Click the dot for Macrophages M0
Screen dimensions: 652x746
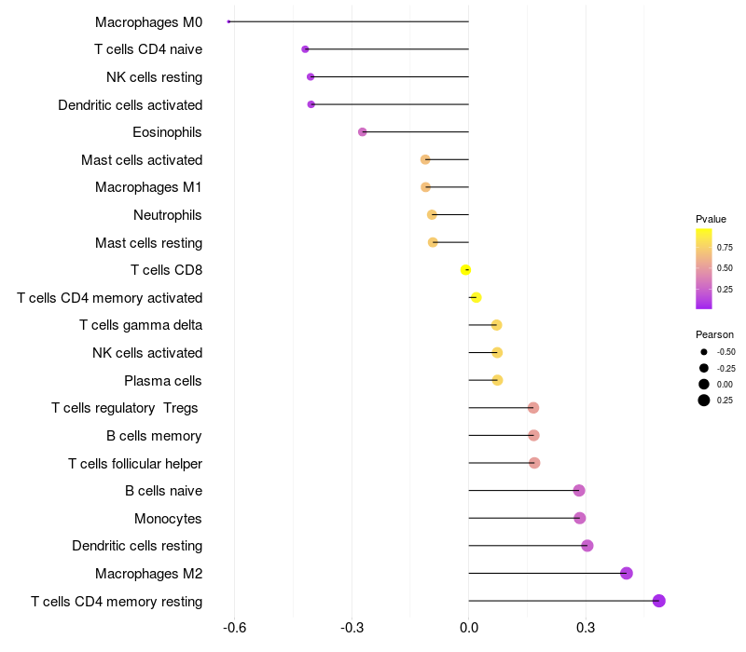pos(228,21)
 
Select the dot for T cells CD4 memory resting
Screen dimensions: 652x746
pos(659,601)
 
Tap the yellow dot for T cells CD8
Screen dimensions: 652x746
pos(466,270)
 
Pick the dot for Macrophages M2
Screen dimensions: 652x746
pos(627,573)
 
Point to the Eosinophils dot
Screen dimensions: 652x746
pos(363,132)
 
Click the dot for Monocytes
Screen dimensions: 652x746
pos(580,518)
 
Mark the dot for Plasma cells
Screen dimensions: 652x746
pos(497,380)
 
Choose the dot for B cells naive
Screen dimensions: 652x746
pos(579,491)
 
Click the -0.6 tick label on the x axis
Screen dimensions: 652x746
pos(235,629)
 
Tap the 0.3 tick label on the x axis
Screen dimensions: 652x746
pos(586,629)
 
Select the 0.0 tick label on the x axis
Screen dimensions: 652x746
pos(468,629)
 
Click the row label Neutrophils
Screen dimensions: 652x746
pos(168,215)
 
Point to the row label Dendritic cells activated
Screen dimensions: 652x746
pos(131,105)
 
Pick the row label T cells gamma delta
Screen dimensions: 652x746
pos(141,325)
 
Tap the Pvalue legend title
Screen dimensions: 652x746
pos(711,219)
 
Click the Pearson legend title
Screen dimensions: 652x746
pos(714,334)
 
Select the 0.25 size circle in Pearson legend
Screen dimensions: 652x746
pos(704,401)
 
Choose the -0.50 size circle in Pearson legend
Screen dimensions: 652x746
pos(704,352)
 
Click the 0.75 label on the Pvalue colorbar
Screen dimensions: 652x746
pos(725,247)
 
